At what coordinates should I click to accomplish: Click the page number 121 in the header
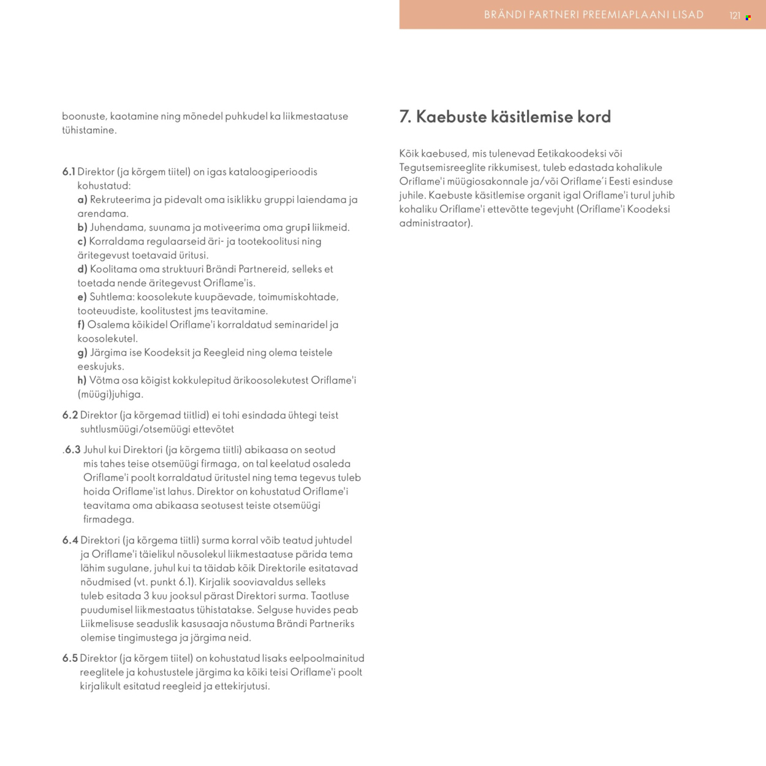[x=735, y=16]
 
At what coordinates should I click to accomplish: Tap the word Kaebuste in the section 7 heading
[x=452, y=116]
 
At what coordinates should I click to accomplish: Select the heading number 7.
[x=405, y=116]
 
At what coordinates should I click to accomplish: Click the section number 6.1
[x=69, y=172]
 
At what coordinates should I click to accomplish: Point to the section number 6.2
[x=70, y=415]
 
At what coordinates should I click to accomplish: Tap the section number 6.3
[x=73, y=450]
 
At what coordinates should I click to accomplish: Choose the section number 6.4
[x=70, y=540]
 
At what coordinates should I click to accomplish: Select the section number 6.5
[x=70, y=658]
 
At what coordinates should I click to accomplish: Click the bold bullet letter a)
[x=82, y=200]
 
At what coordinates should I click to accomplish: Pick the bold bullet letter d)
[x=82, y=269]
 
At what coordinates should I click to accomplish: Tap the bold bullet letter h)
[x=82, y=381]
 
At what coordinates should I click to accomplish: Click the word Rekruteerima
[x=120, y=200]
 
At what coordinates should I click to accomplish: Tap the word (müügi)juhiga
[x=110, y=395]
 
